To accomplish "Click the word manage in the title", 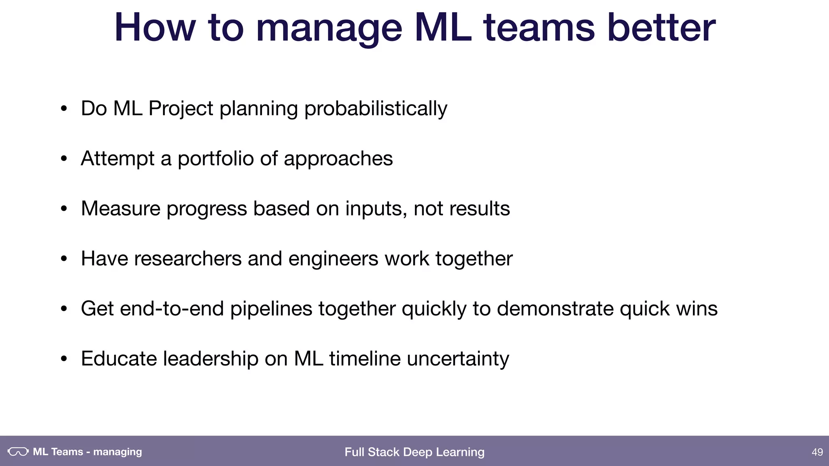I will [x=329, y=28].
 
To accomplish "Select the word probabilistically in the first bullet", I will [x=376, y=109].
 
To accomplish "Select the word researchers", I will [x=188, y=259].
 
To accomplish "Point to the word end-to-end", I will [x=172, y=309].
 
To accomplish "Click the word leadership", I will [x=210, y=359].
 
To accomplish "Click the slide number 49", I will [x=817, y=452].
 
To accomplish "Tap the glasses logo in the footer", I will [x=18, y=451].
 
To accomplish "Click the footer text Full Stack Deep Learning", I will [x=414, y=452].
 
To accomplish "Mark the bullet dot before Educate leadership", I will [x=64, y=359].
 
